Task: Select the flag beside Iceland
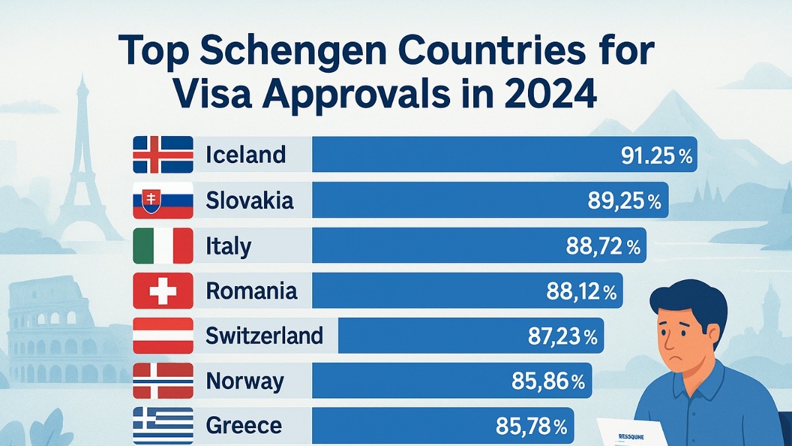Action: pos(163,155)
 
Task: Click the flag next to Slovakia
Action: pos(163,200)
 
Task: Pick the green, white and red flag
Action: pos(163,246)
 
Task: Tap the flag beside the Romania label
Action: pos(163,291)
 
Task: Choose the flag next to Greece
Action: pos(163,425)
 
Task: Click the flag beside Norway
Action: pos(163,381)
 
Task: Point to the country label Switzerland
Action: pos(264,336)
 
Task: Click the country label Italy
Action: pos(228,246)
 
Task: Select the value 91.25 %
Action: pos(656,155)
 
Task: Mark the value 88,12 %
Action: pos(581,291)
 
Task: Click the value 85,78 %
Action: pos(531,427)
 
